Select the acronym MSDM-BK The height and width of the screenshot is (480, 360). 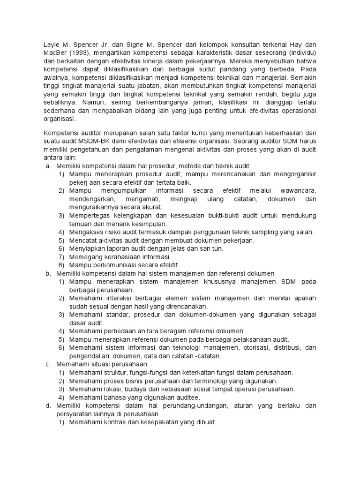[92, 140]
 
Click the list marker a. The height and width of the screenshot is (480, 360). [48, 166]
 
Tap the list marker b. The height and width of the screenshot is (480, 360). [48, 273]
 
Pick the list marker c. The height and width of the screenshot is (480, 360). [48, 364]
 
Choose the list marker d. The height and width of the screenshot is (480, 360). [48, 405]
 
